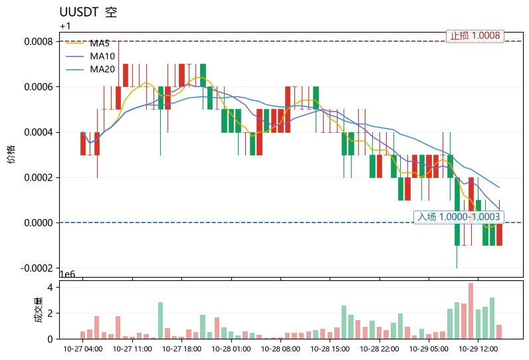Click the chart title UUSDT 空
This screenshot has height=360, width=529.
88,12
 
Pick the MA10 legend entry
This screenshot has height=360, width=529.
90,56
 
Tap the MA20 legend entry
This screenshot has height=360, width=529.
90,69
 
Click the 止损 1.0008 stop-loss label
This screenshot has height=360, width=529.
475,36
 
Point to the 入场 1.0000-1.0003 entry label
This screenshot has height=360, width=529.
459,217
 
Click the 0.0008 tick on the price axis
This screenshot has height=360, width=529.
39,41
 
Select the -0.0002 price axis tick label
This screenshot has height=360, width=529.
37,268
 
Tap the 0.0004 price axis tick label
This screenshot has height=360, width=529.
39,132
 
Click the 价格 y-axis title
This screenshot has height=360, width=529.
11,154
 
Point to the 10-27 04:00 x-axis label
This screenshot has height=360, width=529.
83,349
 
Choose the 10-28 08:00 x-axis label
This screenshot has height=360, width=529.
280,349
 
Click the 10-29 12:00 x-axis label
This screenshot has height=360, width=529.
478,349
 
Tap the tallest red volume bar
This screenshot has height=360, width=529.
471,311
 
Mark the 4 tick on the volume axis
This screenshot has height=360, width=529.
51,288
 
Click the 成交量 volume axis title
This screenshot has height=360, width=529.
39,310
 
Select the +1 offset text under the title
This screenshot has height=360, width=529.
65,27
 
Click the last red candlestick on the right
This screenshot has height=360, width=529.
499,234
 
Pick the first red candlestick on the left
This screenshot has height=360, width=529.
83,143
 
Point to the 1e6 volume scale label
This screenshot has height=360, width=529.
68,274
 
